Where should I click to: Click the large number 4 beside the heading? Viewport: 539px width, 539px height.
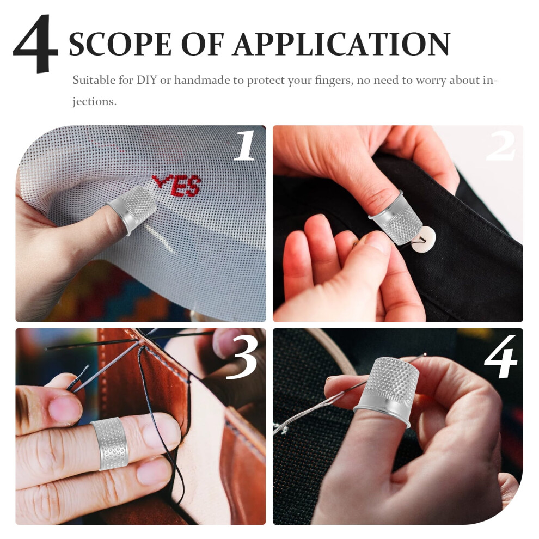[35, 44]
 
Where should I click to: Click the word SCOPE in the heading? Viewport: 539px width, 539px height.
[120, 44]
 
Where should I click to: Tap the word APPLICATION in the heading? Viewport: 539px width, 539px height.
[341, 44]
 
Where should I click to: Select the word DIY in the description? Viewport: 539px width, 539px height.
[146, 80]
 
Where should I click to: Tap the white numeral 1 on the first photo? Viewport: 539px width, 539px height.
[244, 145]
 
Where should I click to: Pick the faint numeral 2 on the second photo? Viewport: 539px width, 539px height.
[500, 146]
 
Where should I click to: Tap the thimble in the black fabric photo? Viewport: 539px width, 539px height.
[395, 218]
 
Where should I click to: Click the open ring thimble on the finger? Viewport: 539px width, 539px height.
[109, 444]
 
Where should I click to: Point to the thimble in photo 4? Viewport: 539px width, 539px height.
[388, 390]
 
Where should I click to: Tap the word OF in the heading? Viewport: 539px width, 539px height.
[203, 44]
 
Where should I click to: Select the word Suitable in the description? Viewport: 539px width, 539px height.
[94, 80]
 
